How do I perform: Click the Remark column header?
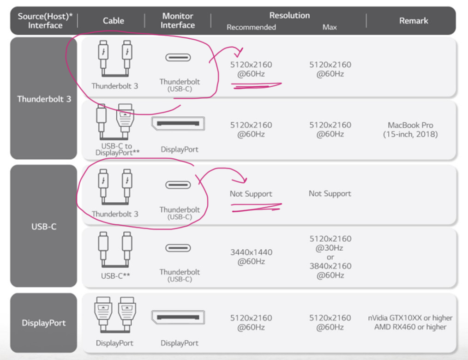pos(414,21)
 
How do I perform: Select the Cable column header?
pos(114,21)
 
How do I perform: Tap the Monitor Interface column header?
pos(178,20)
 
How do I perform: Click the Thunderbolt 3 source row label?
pos(44,99)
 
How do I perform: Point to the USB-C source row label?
pos(43,227)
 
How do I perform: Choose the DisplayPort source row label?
pos(43,323)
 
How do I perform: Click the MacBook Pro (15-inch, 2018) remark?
pos(410,130)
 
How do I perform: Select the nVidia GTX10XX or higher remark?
pos(410,318)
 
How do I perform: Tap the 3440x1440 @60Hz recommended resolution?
pos(252,257)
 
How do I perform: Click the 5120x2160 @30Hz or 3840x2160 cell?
pos(330,257)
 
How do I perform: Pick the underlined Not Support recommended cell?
pos(251,194)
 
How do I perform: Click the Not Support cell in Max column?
pos(330,193)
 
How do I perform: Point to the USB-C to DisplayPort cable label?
pos(117,149)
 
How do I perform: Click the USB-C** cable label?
pos(115,276)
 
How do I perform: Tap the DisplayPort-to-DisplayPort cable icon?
pos(115,315)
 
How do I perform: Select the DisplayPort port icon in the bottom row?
pos(178,318)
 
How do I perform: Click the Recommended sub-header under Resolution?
pos(252,27)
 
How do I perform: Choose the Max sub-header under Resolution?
pos(330,27)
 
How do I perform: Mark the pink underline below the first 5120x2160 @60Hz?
pos(256,86)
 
